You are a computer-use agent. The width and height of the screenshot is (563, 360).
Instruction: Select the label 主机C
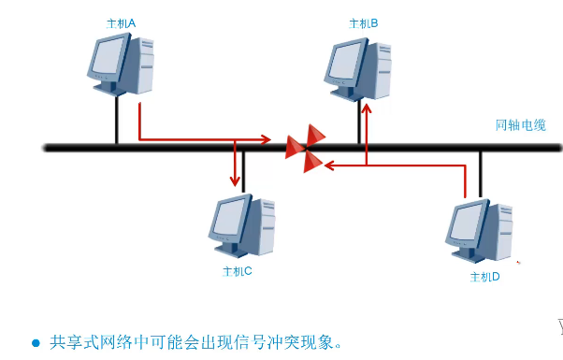(238, 271)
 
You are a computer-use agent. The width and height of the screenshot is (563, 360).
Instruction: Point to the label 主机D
(484, 278)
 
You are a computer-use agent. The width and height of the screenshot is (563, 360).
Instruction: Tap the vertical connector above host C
(243, 170)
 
